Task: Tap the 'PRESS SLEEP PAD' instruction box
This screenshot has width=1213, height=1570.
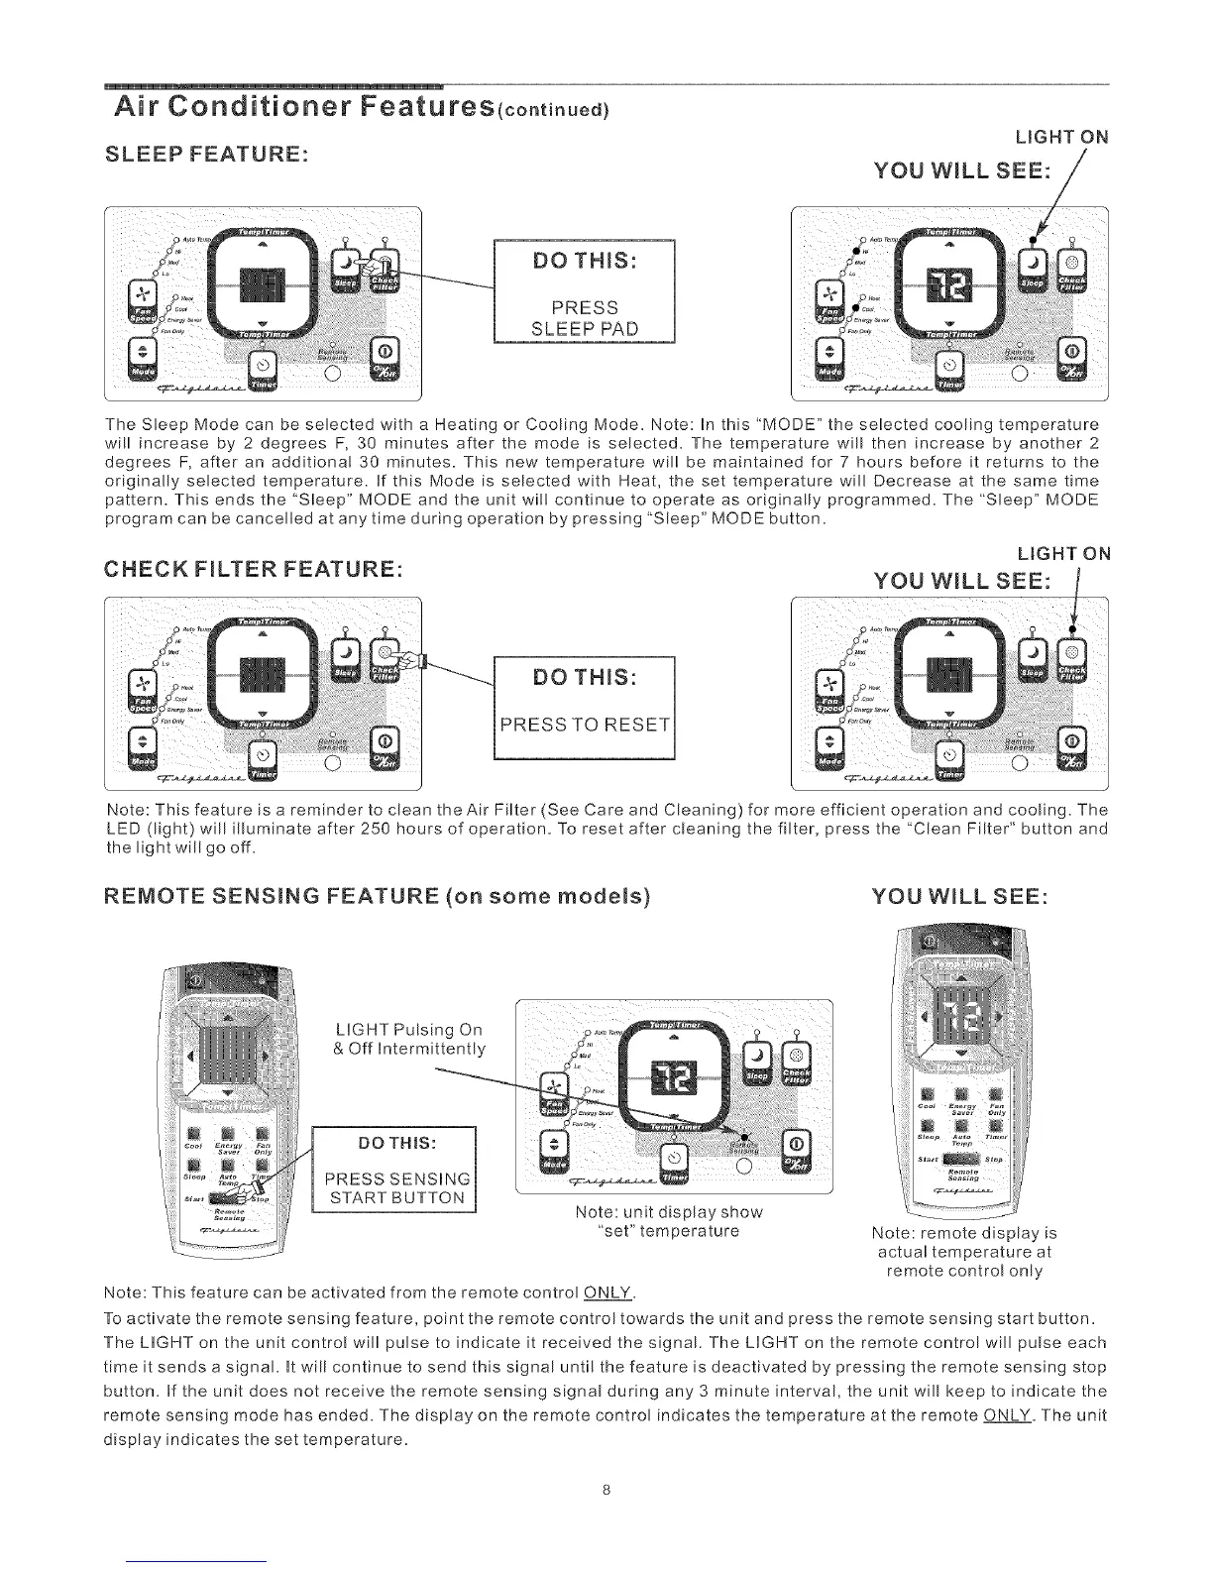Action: [584, 291]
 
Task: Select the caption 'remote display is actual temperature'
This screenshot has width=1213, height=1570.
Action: [964, 1252]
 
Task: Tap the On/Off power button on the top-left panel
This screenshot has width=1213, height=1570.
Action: [386, 354]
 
